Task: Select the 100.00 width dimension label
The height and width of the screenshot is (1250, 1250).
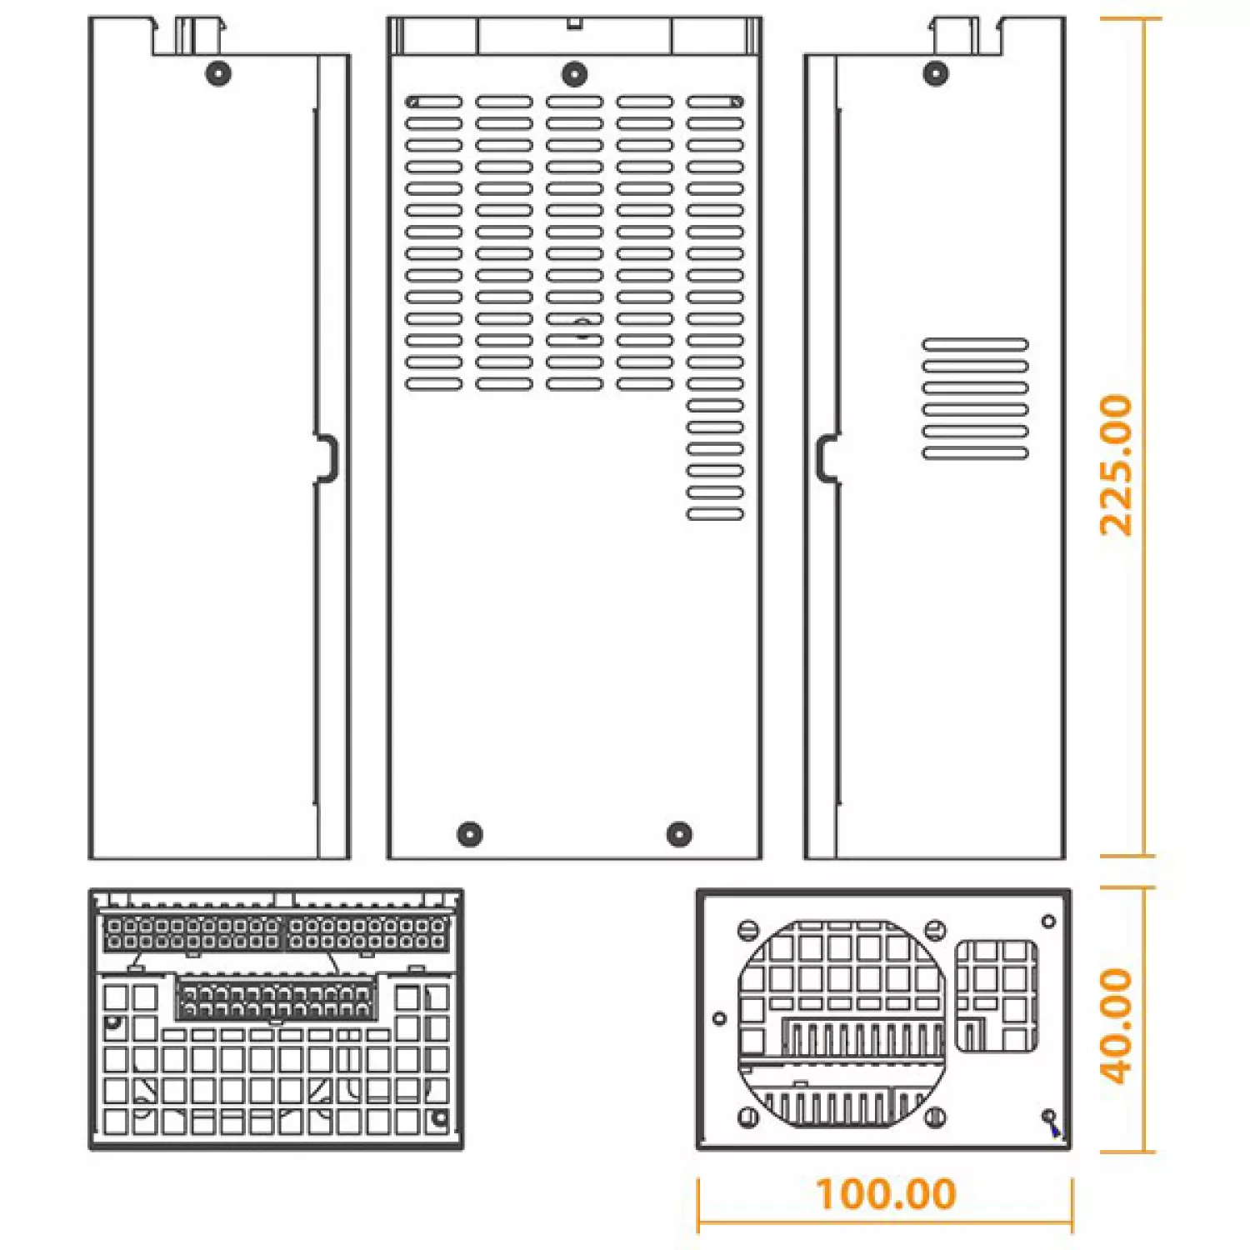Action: pyautogui.click(x=886, y=1193)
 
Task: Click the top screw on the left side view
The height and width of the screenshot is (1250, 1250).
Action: pyautogui.click(x=218, y=73)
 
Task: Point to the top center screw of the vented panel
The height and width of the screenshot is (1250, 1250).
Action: pyautogui.click(x=574, y=73)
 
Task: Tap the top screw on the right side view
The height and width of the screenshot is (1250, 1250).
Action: pyautogui.click(x=936, y=73)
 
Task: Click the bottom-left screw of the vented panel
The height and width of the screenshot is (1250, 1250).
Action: pyautogui.click(x=470, y=833)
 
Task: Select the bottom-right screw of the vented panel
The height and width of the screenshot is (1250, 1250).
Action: pyautogui.click(x=680, y=833)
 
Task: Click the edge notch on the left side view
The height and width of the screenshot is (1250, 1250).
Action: pyautogui.click(x=327, y=458)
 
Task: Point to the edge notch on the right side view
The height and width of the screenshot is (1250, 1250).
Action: pyautogui.click(x=827, y=458)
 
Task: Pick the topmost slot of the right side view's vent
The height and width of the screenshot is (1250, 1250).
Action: pyautogui.click(x=975, y=344)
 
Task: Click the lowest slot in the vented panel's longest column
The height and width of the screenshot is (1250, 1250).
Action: pyautogui.click(x=715, y=514)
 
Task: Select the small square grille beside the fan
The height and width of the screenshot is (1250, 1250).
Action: pyautogui.click(x=996, y=996)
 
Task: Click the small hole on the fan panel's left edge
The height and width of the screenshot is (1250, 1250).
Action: pyautogui.click(x=720, y=1018)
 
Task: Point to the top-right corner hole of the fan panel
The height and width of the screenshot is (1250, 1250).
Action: pyautogui.click(x=1048, y=921)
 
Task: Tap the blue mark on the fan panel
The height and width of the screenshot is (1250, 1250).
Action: pyautogui.click(x=1055, y=1130)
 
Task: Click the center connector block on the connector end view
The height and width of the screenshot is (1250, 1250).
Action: pyautogui.click(x=276, y=998)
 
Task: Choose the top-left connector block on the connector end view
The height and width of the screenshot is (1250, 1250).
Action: pyautogui.click(x=192, y=933)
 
